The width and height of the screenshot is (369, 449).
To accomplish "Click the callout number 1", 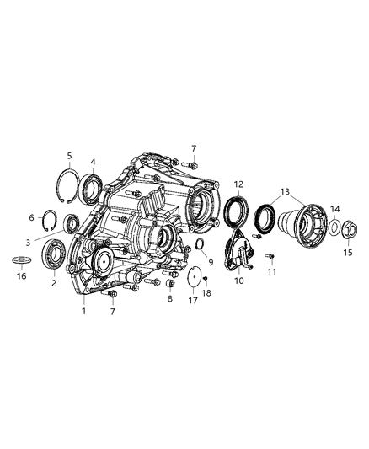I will point(83,312).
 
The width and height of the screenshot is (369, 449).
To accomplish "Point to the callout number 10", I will point(238,280).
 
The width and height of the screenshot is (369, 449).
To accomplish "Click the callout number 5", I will point(70,155).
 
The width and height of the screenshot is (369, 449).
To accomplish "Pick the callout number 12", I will point(238,184).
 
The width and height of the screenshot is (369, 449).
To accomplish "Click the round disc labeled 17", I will point(192,276).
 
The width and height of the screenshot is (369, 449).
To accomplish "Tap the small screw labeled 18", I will point(205,279).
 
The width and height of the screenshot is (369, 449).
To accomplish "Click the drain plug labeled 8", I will point(170,279).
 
